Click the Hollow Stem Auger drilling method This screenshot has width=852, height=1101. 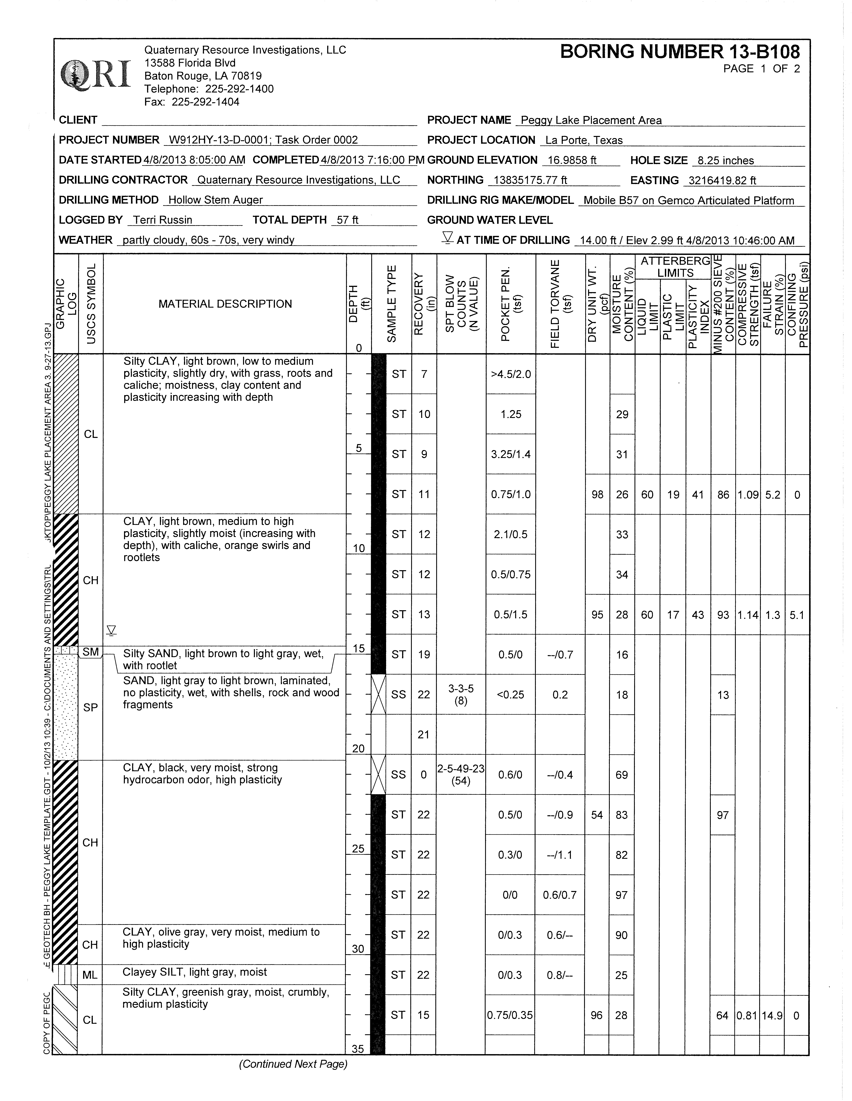[x=215, y=200]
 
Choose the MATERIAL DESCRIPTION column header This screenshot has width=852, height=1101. [x=225, y=304]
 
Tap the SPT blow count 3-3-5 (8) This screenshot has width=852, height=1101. [x=461, y=694]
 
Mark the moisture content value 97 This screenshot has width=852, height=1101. [x=621, y=895]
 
